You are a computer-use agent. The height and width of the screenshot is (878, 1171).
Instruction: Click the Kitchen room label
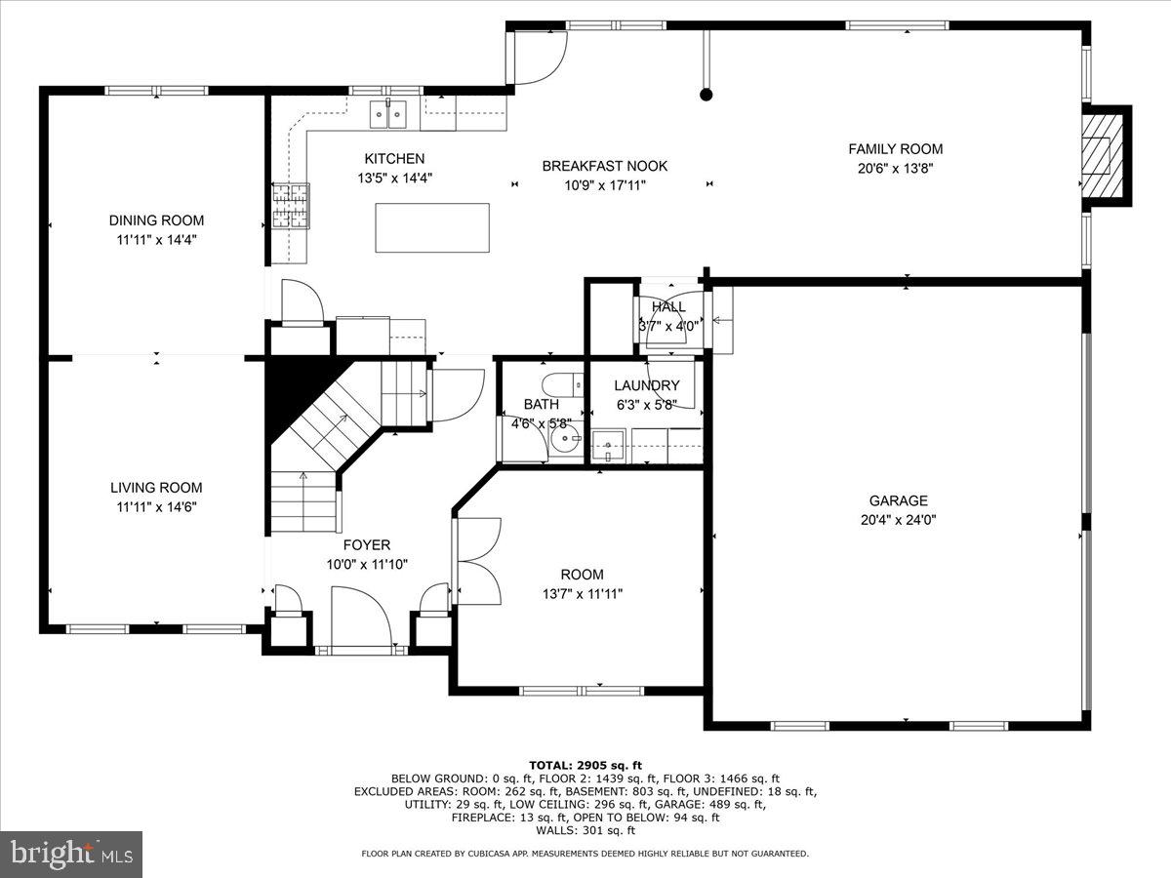394,159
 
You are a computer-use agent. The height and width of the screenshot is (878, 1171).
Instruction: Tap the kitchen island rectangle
432,227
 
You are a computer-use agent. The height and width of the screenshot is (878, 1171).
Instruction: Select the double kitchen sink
388,115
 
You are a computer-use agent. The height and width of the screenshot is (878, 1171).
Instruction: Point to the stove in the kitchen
290,206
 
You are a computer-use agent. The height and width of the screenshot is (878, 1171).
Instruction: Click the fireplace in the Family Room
1103,156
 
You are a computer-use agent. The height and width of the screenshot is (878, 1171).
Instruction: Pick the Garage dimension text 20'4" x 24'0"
898,520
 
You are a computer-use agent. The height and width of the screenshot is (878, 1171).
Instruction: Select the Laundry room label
646,385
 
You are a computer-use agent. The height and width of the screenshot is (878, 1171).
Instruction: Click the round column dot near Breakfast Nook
706,95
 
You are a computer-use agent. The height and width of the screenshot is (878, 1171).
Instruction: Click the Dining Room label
156,220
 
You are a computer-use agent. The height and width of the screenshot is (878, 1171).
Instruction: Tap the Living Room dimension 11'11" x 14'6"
156,506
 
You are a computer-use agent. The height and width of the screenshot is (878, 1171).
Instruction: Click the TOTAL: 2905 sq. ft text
585,765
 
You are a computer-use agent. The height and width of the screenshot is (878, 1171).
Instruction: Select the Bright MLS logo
71,855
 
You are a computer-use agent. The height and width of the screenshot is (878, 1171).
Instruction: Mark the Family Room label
895,149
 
